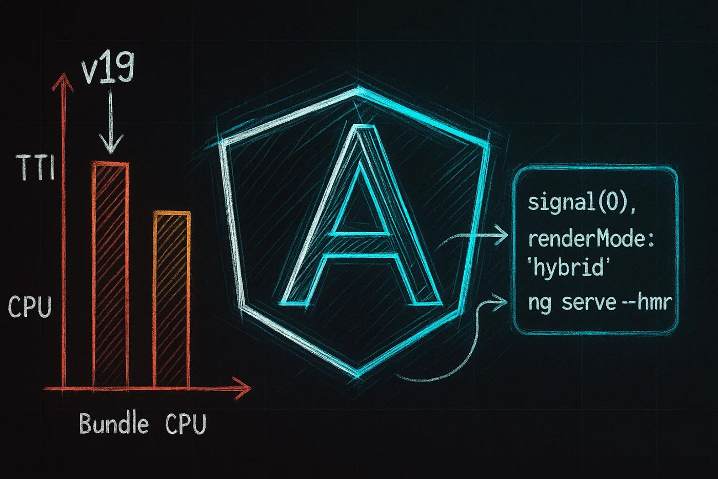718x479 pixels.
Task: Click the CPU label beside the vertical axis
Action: coord(30,306)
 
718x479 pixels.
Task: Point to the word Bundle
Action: coord(114,424)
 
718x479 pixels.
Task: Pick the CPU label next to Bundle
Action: coord(186,424)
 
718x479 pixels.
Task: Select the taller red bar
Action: coord(110,275)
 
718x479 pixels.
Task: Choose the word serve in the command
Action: coord(588,302)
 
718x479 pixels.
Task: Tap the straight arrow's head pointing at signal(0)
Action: coord(503,236)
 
